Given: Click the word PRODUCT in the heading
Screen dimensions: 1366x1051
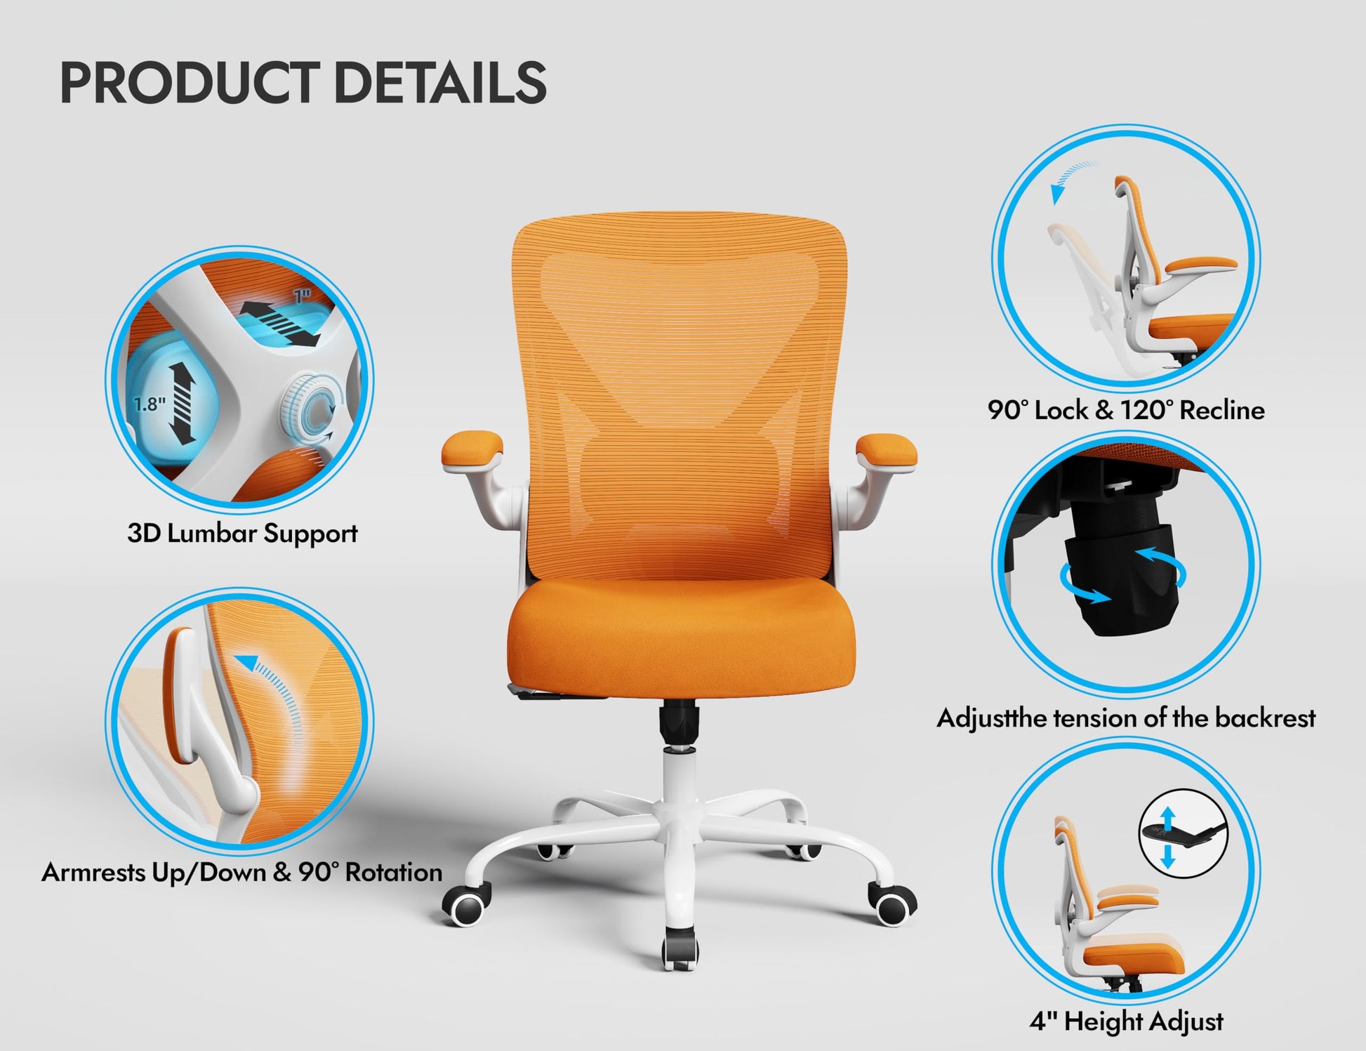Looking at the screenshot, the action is (189, 83).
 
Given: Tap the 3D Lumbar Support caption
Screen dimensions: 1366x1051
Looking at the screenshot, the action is (242, 534).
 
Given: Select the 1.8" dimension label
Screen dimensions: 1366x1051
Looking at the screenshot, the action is (150, 404).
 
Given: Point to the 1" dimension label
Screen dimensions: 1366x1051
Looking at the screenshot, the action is (303, 296).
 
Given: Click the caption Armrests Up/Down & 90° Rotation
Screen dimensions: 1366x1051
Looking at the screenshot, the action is (242, 873).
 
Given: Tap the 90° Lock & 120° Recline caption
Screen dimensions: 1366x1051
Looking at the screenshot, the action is (1126, 410).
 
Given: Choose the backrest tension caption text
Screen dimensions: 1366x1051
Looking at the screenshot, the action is (1126, 718).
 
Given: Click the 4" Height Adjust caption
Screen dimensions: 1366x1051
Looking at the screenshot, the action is (1126, 1021).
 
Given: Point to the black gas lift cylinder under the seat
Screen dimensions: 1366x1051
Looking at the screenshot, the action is (679, 727).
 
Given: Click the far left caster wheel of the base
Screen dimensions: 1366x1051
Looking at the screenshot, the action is (467, 905).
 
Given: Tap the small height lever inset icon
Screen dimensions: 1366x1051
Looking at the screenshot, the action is (1183, 833).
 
